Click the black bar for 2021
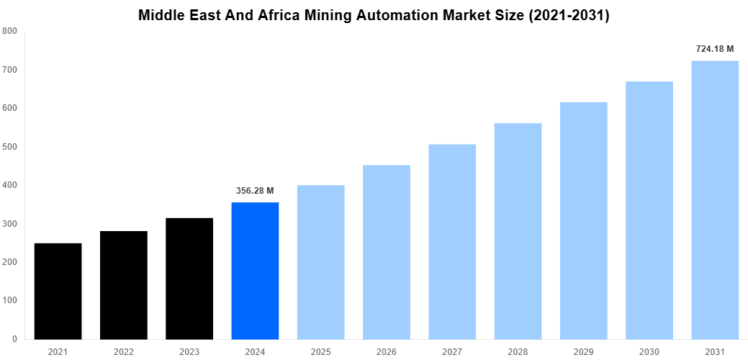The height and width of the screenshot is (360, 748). tap(58, 291)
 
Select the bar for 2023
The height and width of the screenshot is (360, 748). tap(189, 278)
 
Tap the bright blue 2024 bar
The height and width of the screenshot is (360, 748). tap(255, 271)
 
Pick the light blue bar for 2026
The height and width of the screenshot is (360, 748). tap(386, 252)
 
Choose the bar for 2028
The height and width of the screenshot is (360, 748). tap(518, 231)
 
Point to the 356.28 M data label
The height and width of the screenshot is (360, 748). tap(255, 191)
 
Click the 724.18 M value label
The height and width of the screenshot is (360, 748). tap(715, 49)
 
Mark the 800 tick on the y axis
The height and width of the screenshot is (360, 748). tap(10, 31)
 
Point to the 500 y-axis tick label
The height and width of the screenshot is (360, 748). tap(10, 147)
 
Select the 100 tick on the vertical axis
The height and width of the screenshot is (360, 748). tap(10, 300)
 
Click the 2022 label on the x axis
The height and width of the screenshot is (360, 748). tap(124, 352)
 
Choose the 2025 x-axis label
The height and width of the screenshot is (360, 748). tap(320, 352)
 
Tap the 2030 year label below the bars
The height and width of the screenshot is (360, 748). tap(649, 352)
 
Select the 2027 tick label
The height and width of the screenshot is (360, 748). tap(452, 352)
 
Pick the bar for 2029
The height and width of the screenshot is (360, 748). tap(583, 220)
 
